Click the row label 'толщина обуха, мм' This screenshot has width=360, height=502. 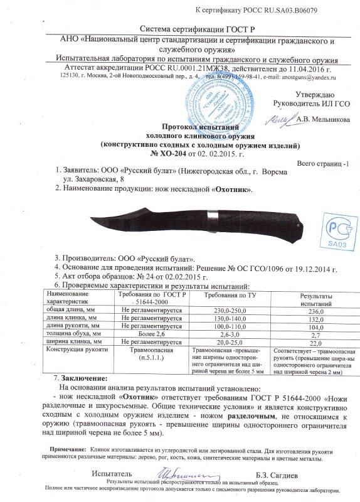74,334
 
